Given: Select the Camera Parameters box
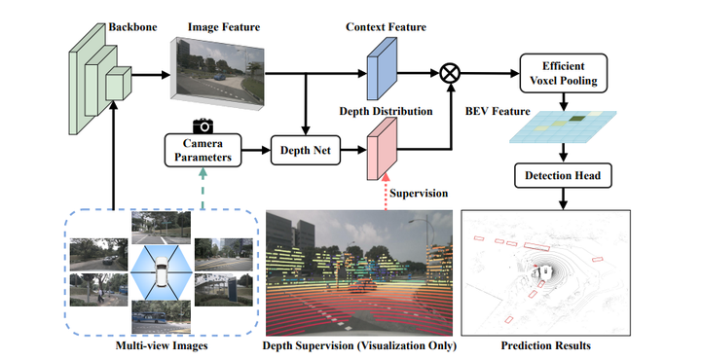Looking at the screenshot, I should pos(202,151).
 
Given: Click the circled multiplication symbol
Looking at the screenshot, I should pos(450,73).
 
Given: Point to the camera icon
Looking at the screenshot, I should pos(203,125).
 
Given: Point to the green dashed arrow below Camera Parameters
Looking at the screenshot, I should pos(202,185).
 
